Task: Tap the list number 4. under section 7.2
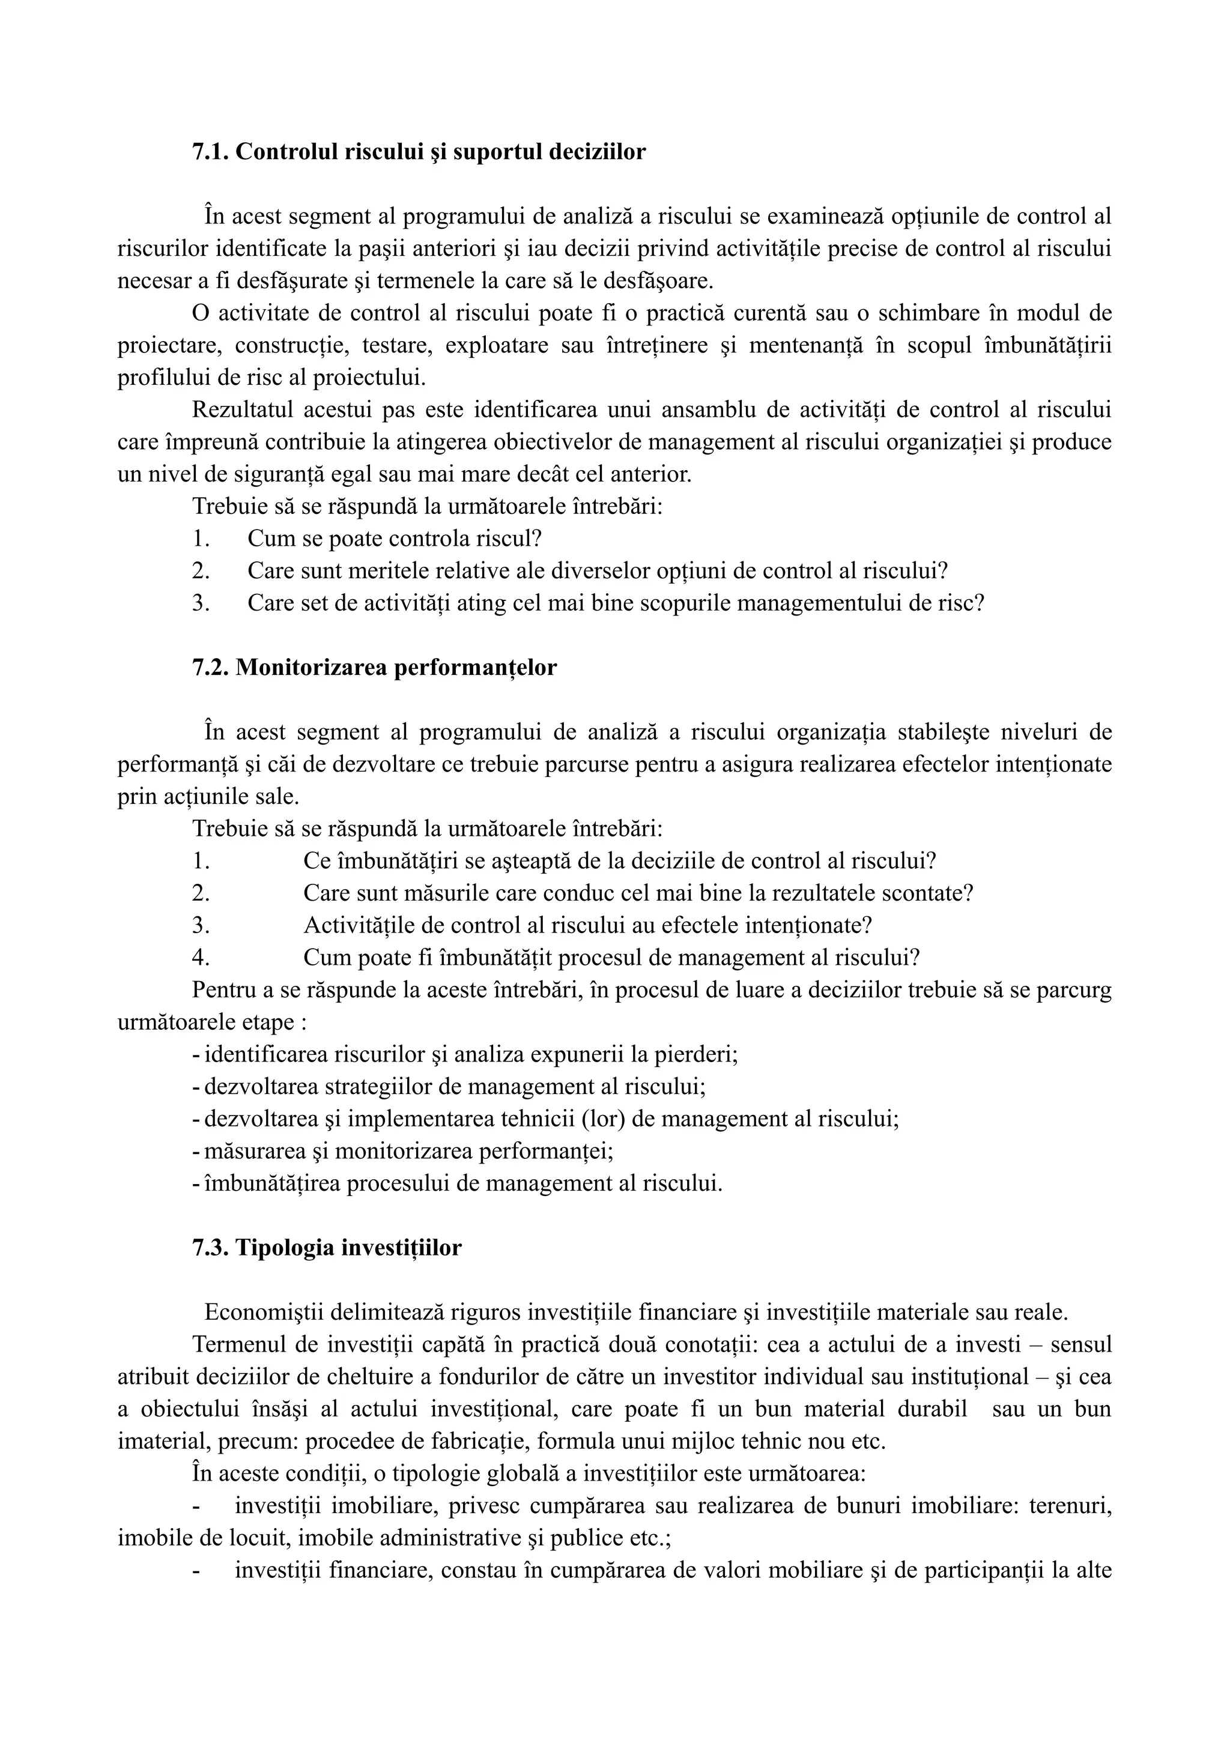(x=201, y=958)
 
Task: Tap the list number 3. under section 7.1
(x=201, y=603)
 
